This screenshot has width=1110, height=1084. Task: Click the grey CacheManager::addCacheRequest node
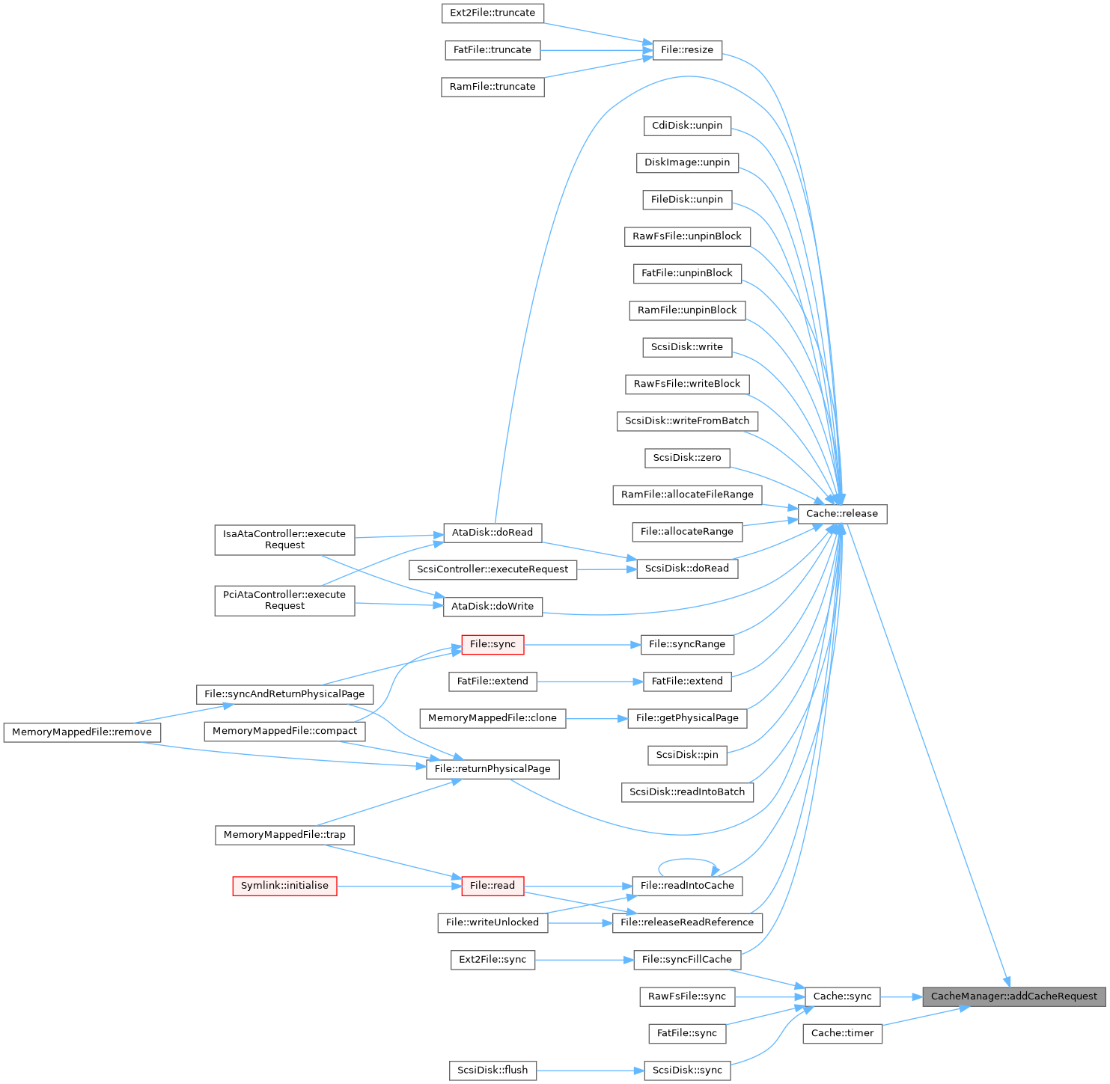coord(1013,996)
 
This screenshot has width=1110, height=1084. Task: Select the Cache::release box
coord(842,514)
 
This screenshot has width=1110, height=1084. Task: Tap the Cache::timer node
coord(842,1033)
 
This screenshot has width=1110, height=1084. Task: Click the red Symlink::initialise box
coord(284,886)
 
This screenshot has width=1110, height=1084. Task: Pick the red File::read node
coord(493,886)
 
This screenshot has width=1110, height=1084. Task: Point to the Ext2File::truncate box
coord(493,13)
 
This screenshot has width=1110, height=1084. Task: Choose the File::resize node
coord(687,50)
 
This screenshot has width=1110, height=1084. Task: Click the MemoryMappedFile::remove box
coord(82,732)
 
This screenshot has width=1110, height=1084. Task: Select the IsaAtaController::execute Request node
coord(284,539)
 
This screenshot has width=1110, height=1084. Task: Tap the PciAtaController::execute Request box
coord(284,601)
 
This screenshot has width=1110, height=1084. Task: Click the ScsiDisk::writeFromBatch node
coord(687,421)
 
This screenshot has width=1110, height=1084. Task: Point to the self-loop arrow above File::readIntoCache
coord(687,859)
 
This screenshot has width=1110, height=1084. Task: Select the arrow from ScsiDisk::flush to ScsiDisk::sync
coord(590,1071)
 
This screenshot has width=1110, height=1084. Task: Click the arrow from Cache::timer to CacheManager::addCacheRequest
coord(925,1016)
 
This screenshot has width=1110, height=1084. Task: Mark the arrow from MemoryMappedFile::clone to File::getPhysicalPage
coord(597,718)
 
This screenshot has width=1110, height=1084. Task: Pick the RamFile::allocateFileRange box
coord(687,494)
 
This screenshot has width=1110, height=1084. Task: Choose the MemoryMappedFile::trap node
coord(284,835)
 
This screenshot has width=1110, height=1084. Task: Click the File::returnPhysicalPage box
coord(493,769)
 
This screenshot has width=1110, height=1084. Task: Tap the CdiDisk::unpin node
coord(687,126)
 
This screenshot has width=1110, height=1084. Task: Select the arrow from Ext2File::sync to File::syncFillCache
coord(584,960)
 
